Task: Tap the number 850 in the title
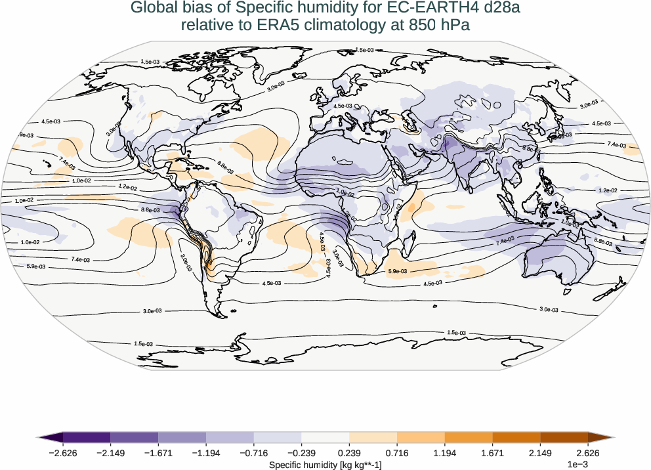pos(413,25)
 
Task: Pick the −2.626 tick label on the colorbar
pos(63,452)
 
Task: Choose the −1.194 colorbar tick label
pos(206,452)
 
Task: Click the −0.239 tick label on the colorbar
pos(301,452)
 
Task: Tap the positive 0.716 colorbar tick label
pos(397,452)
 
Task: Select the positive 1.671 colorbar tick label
pos(492,452)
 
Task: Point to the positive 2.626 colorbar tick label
pos(587,452)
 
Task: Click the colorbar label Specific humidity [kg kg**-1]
pos(325,464)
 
